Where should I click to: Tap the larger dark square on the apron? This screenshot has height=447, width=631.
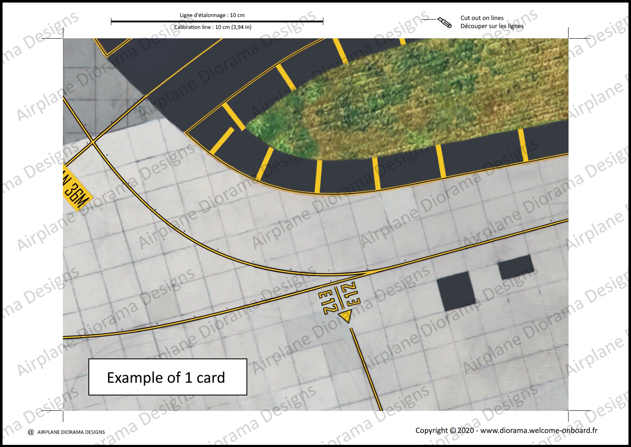pos(456,291)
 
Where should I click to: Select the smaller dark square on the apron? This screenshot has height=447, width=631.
pos(516,267)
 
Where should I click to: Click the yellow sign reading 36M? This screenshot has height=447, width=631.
pos(77,194)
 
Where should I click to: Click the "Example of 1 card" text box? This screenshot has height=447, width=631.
pos(167,377)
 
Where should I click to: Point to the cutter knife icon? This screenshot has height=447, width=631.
pos(444,22)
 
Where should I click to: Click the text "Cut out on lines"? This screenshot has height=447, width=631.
pos(482,18)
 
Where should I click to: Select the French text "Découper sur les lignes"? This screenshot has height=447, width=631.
pos(492,26)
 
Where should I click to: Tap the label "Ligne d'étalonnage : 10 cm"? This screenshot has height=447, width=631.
pos(212,15)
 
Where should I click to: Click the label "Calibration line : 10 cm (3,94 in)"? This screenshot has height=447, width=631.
pos(212,27)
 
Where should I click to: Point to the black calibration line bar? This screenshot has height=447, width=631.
pos(217,21)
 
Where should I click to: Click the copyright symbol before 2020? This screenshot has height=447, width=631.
pos(453,430)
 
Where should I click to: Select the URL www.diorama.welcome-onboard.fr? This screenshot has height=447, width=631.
pos(538,430)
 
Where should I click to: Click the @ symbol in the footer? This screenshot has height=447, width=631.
pos(31,432)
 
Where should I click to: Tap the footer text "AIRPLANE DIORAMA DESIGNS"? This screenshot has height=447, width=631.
pos(71,432)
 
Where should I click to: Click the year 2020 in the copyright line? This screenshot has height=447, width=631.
pos(465,430)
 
